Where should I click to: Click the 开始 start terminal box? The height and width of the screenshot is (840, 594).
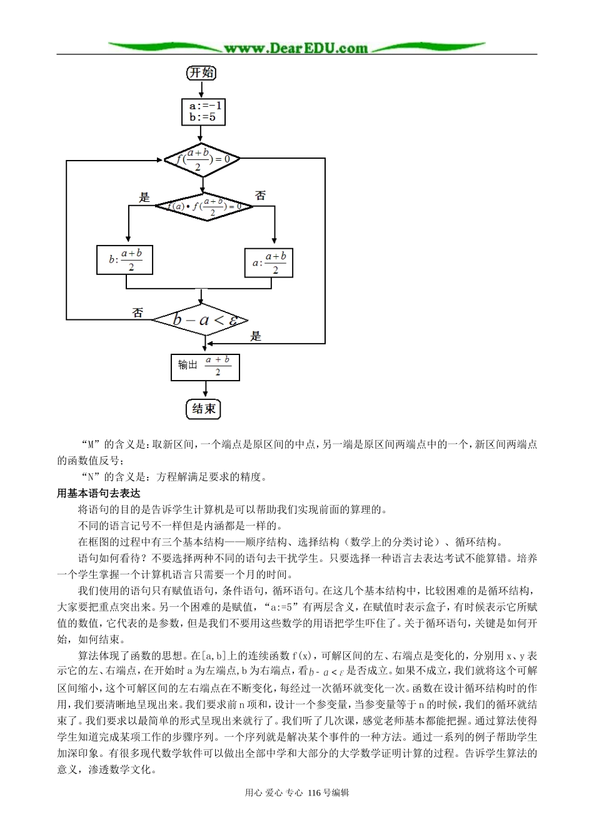click(x=201, y=73)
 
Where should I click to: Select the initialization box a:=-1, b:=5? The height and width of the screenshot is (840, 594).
click(x=203, y=112)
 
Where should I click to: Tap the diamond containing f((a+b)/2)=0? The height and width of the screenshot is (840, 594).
click(x=202, y=159)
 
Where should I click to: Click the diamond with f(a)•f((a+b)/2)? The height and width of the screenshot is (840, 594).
click(x=203, y=206)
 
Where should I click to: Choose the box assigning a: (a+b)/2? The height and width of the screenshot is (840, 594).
click(x=268, y=262)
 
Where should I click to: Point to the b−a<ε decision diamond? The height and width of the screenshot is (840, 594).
click(x=204, y=321)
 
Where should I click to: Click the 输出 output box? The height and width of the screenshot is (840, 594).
click(x=205, y=367)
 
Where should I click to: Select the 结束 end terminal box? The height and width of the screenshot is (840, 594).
click(x=204, y=409)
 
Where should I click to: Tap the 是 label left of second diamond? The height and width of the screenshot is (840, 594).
click(x=144, y=197)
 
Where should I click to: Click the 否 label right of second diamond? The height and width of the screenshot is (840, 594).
click(x=261, y=196)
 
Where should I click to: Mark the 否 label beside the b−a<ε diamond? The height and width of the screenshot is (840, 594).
click(x=138, y=312)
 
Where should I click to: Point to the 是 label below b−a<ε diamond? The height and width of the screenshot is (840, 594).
click(x=256, y=336)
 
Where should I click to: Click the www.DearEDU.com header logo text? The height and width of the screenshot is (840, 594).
click(x=296, y=48)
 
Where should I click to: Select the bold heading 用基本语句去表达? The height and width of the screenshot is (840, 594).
click(x=99, y=494)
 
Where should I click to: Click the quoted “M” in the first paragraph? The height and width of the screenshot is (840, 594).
click(x=91, y=445)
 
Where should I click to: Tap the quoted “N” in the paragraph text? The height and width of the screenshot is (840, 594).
click(x=91, y=477)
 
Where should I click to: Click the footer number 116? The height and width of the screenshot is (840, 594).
click(x=314, y=792)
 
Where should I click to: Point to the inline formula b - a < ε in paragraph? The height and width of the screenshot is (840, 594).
click(x=326, y=672)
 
